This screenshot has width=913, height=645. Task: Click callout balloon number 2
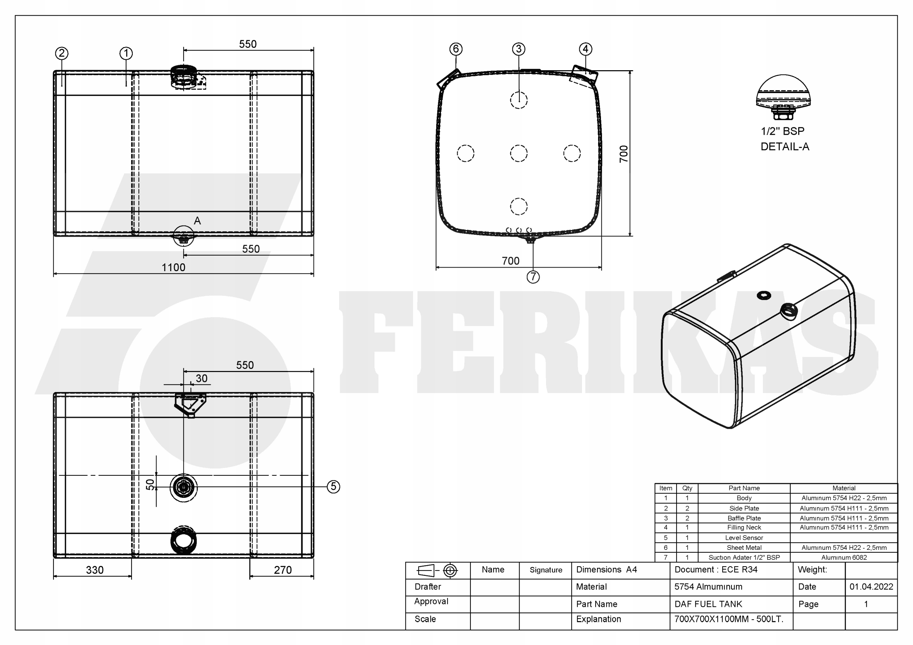point(62,53)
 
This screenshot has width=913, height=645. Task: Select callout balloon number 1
point(126,53)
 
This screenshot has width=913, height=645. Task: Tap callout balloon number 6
point(456,49)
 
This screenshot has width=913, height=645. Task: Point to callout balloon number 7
point(533,277)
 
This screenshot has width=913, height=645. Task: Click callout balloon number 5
point(333,486)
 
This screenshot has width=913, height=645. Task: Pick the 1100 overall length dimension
point(173,268)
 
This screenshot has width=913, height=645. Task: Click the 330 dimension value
point(95,570)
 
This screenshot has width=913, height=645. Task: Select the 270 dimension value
point(283,570)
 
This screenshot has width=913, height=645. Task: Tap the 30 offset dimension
point(202,378)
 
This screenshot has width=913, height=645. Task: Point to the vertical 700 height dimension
point(623,154)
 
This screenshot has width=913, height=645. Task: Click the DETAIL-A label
point(785,147)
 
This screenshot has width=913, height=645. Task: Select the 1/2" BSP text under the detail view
point(782,131)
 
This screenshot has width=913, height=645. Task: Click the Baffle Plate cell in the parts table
point(744,518)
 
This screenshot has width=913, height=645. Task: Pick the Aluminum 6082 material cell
point(844,558)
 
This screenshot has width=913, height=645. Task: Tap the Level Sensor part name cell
point(744,538)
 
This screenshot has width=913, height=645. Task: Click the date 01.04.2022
point(871,587)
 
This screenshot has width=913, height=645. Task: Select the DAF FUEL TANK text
point(708,604)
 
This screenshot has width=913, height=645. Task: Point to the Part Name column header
point(744,488)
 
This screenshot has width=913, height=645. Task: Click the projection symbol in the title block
point(437,571)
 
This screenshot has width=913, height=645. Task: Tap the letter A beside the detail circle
point(197,221)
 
